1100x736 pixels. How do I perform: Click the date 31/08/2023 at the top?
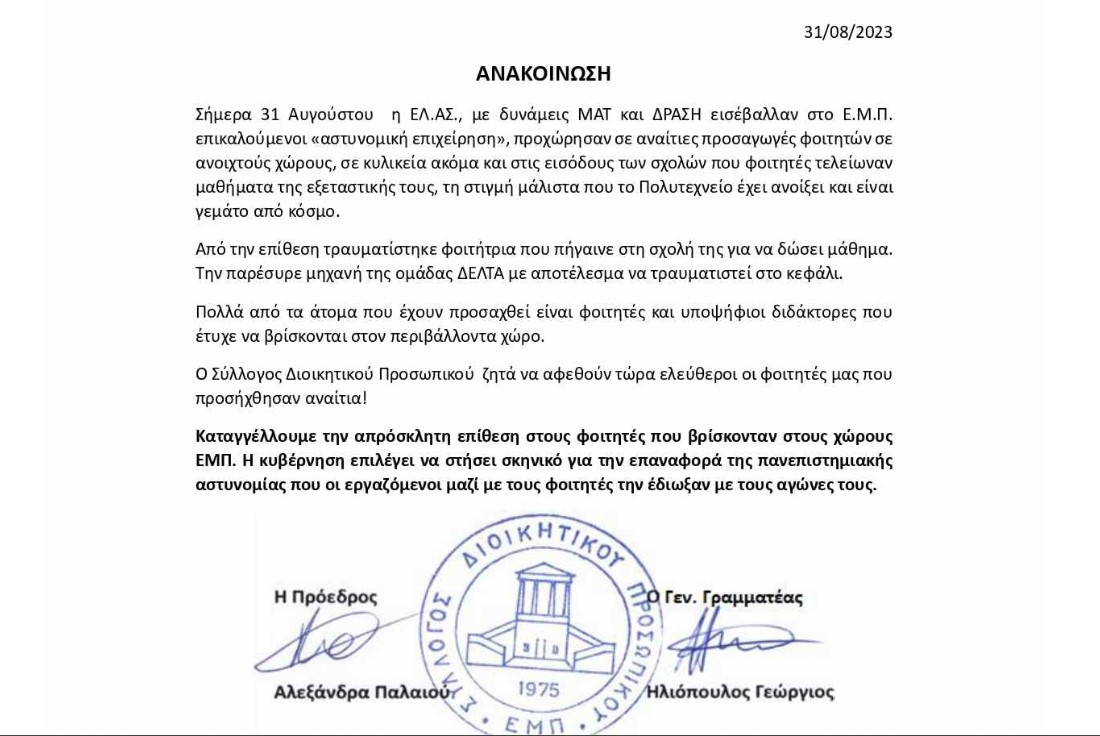[848, 32]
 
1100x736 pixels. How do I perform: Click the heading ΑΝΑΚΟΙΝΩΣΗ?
[543, 74]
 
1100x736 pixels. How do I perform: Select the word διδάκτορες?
[806, 311]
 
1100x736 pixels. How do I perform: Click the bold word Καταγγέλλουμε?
[255, 436]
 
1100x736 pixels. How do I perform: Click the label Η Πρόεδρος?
[326, 597]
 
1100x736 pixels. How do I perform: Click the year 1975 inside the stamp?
[541, 689]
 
